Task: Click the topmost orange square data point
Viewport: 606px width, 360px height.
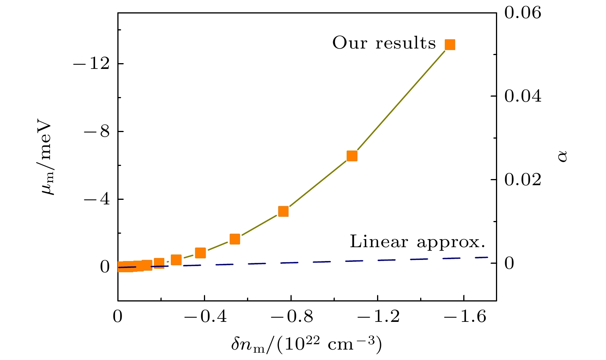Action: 450,45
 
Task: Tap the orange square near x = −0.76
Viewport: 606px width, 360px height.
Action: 284,211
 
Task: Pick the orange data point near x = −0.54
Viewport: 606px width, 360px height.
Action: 235,239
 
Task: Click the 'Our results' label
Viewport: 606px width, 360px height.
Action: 384,43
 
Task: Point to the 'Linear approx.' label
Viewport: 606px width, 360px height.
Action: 417,242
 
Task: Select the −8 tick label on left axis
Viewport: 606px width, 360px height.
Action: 97,131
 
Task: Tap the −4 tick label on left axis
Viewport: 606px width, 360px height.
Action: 97,199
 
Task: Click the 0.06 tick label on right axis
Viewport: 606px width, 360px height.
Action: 523,13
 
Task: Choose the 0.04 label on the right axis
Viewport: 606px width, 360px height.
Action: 523,96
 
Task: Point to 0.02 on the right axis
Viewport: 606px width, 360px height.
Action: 523,179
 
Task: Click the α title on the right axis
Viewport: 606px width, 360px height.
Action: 563,156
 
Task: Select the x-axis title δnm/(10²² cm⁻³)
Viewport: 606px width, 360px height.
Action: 307,344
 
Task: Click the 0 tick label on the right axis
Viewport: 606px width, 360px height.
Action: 509,263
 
